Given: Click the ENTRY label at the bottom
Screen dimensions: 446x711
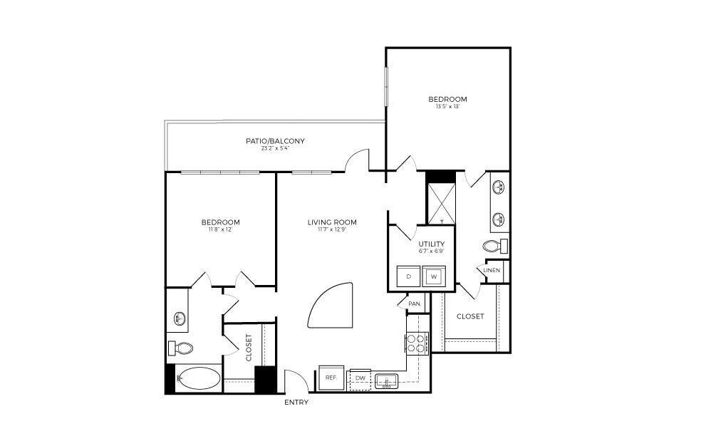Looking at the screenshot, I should click(296, 403).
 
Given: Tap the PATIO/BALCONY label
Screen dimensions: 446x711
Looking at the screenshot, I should click(275, 141).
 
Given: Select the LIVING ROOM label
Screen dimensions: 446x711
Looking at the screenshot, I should click(332, 222).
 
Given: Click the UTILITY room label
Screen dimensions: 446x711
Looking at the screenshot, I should click(432, 244).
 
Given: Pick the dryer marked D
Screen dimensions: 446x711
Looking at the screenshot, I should click(408, 276).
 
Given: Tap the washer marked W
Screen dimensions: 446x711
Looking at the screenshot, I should click(433, 276).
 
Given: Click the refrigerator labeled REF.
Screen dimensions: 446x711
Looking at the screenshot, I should click(331, 378).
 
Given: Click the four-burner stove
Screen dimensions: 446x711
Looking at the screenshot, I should click(416, 343).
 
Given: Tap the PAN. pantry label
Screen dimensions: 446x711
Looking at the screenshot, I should click(415, 304).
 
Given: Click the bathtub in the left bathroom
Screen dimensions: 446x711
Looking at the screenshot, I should click(199, 378).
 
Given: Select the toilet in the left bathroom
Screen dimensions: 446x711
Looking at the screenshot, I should click(182, 348).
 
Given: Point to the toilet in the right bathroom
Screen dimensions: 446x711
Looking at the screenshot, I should click(494, 247).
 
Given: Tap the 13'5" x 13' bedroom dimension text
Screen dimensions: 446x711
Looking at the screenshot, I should click(447, 107).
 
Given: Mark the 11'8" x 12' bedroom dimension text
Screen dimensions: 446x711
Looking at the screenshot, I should click(220, 229).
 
